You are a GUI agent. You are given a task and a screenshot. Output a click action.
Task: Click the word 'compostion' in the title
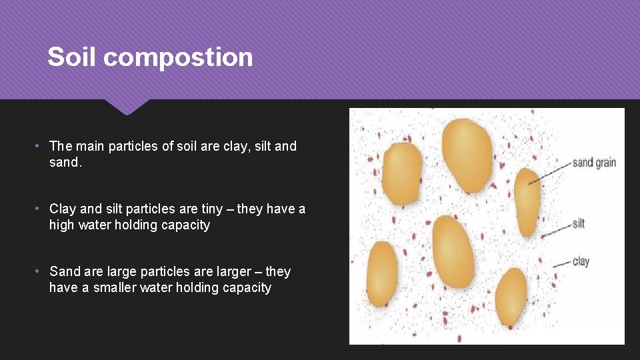click(x=178, y=57)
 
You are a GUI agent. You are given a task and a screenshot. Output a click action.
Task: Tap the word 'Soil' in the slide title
click(x=73, y=57)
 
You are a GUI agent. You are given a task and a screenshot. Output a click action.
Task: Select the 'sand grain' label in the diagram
click(x=593, y=163)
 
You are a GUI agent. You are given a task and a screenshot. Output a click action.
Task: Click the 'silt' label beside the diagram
click(x=578, y=224)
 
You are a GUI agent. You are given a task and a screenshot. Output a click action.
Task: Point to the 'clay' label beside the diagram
click(x=581, y=261)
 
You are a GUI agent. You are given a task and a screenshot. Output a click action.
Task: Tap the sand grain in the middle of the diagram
click(x=453, y=251)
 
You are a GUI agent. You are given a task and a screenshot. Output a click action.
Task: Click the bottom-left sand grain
click(x=382, y=274)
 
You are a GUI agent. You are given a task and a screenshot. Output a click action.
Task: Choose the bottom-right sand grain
click(x=511, y=296)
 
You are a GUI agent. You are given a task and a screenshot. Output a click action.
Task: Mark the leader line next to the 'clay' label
click(x=562, y=263)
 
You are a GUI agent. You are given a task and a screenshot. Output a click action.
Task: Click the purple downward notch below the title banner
click(x=126, y=107)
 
